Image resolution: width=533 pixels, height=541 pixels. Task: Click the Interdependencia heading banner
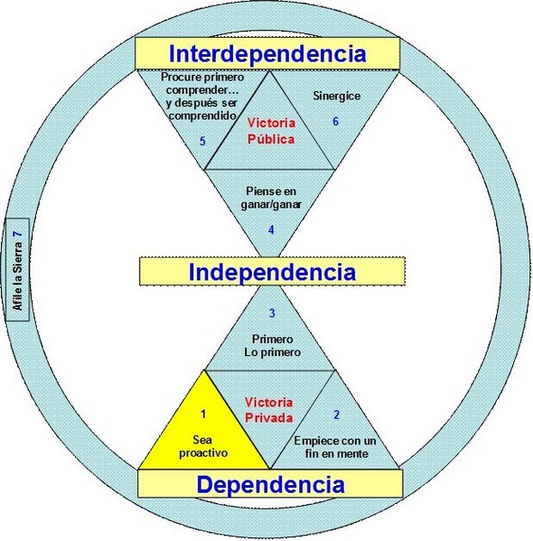[x=267, y=53]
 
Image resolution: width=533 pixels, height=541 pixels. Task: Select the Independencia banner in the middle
[x=272, y=271]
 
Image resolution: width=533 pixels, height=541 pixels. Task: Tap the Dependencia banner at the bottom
[x=270, y=484]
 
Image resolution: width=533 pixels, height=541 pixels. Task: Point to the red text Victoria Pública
[x=271, y=131]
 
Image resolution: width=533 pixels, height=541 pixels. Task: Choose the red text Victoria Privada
[x=269, y=410]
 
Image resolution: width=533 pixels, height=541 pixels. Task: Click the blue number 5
[x=202, y=141]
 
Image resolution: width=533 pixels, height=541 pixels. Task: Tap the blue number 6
[x=335, y=121]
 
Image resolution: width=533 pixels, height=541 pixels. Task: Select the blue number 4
[x=271, y=229]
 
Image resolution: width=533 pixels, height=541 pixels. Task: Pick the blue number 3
[x=272, y=312]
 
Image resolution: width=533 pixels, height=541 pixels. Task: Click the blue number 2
[x=337, y=415]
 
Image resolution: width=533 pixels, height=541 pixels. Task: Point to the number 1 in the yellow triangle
[x=203, y=414]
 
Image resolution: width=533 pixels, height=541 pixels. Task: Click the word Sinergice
[x=337, y=96]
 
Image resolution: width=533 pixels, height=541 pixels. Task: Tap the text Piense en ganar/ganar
[x=271, y=198]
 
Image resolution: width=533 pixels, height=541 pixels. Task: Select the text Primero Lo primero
[x=272, y=346]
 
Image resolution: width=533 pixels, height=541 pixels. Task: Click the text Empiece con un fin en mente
[x=335, y=447]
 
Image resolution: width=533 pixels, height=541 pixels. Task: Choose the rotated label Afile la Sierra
[x=17, y=276]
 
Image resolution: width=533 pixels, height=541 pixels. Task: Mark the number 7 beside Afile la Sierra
[x=17, y=234]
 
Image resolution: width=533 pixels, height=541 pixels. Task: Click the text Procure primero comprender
[x=202, y=84]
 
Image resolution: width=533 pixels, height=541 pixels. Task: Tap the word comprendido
[x=202, y=116]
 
